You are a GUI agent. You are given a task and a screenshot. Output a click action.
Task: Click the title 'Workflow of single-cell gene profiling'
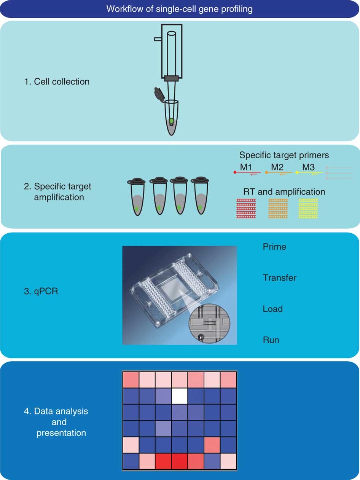coord(180,9)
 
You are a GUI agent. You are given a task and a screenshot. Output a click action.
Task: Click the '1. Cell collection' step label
coord(57,81)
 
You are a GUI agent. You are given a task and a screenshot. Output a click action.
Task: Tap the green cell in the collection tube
coord(171,121)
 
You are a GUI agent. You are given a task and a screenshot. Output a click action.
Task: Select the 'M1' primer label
coord(248,167)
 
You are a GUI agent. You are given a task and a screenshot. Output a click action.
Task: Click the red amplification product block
coord(246,209)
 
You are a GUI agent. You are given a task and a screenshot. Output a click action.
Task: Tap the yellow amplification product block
coord(309,209)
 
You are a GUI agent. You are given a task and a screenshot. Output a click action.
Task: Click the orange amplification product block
coord(278,209)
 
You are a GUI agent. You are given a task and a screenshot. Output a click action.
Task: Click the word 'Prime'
coord(274,247)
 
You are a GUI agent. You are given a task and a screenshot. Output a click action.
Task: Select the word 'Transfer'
coord(279,278)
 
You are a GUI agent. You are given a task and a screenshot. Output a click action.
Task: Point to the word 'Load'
coord(272,309)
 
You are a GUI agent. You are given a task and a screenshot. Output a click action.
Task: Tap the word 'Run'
coord(271,340)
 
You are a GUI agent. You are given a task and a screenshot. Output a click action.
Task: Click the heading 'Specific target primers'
coord(284,155)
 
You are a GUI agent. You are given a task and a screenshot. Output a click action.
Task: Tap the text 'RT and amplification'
coord(284,192)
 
